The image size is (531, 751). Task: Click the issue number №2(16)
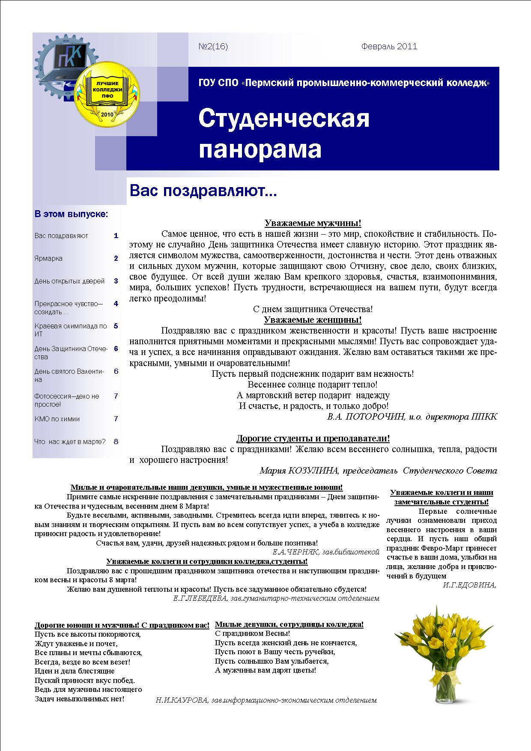(213, 46)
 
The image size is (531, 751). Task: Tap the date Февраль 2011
(389, 46)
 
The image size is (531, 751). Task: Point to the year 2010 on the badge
(105, 114)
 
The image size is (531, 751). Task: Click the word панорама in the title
(260, 149)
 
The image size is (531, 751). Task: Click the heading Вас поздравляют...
(203, 191)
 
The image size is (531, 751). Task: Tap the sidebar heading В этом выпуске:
(71, 214)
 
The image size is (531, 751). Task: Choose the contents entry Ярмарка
(48, 259)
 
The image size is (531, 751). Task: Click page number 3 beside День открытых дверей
(116, 281)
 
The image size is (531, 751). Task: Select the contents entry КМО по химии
(57, 419)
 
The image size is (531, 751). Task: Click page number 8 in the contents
(116, 441)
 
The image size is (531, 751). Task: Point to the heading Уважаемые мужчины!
(313, 223)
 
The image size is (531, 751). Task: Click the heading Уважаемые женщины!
(313, 320)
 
